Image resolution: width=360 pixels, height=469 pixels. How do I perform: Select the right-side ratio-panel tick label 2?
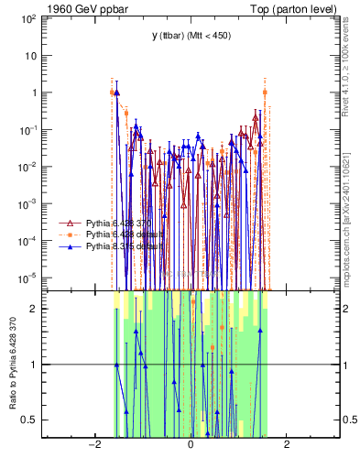(344, 309)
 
